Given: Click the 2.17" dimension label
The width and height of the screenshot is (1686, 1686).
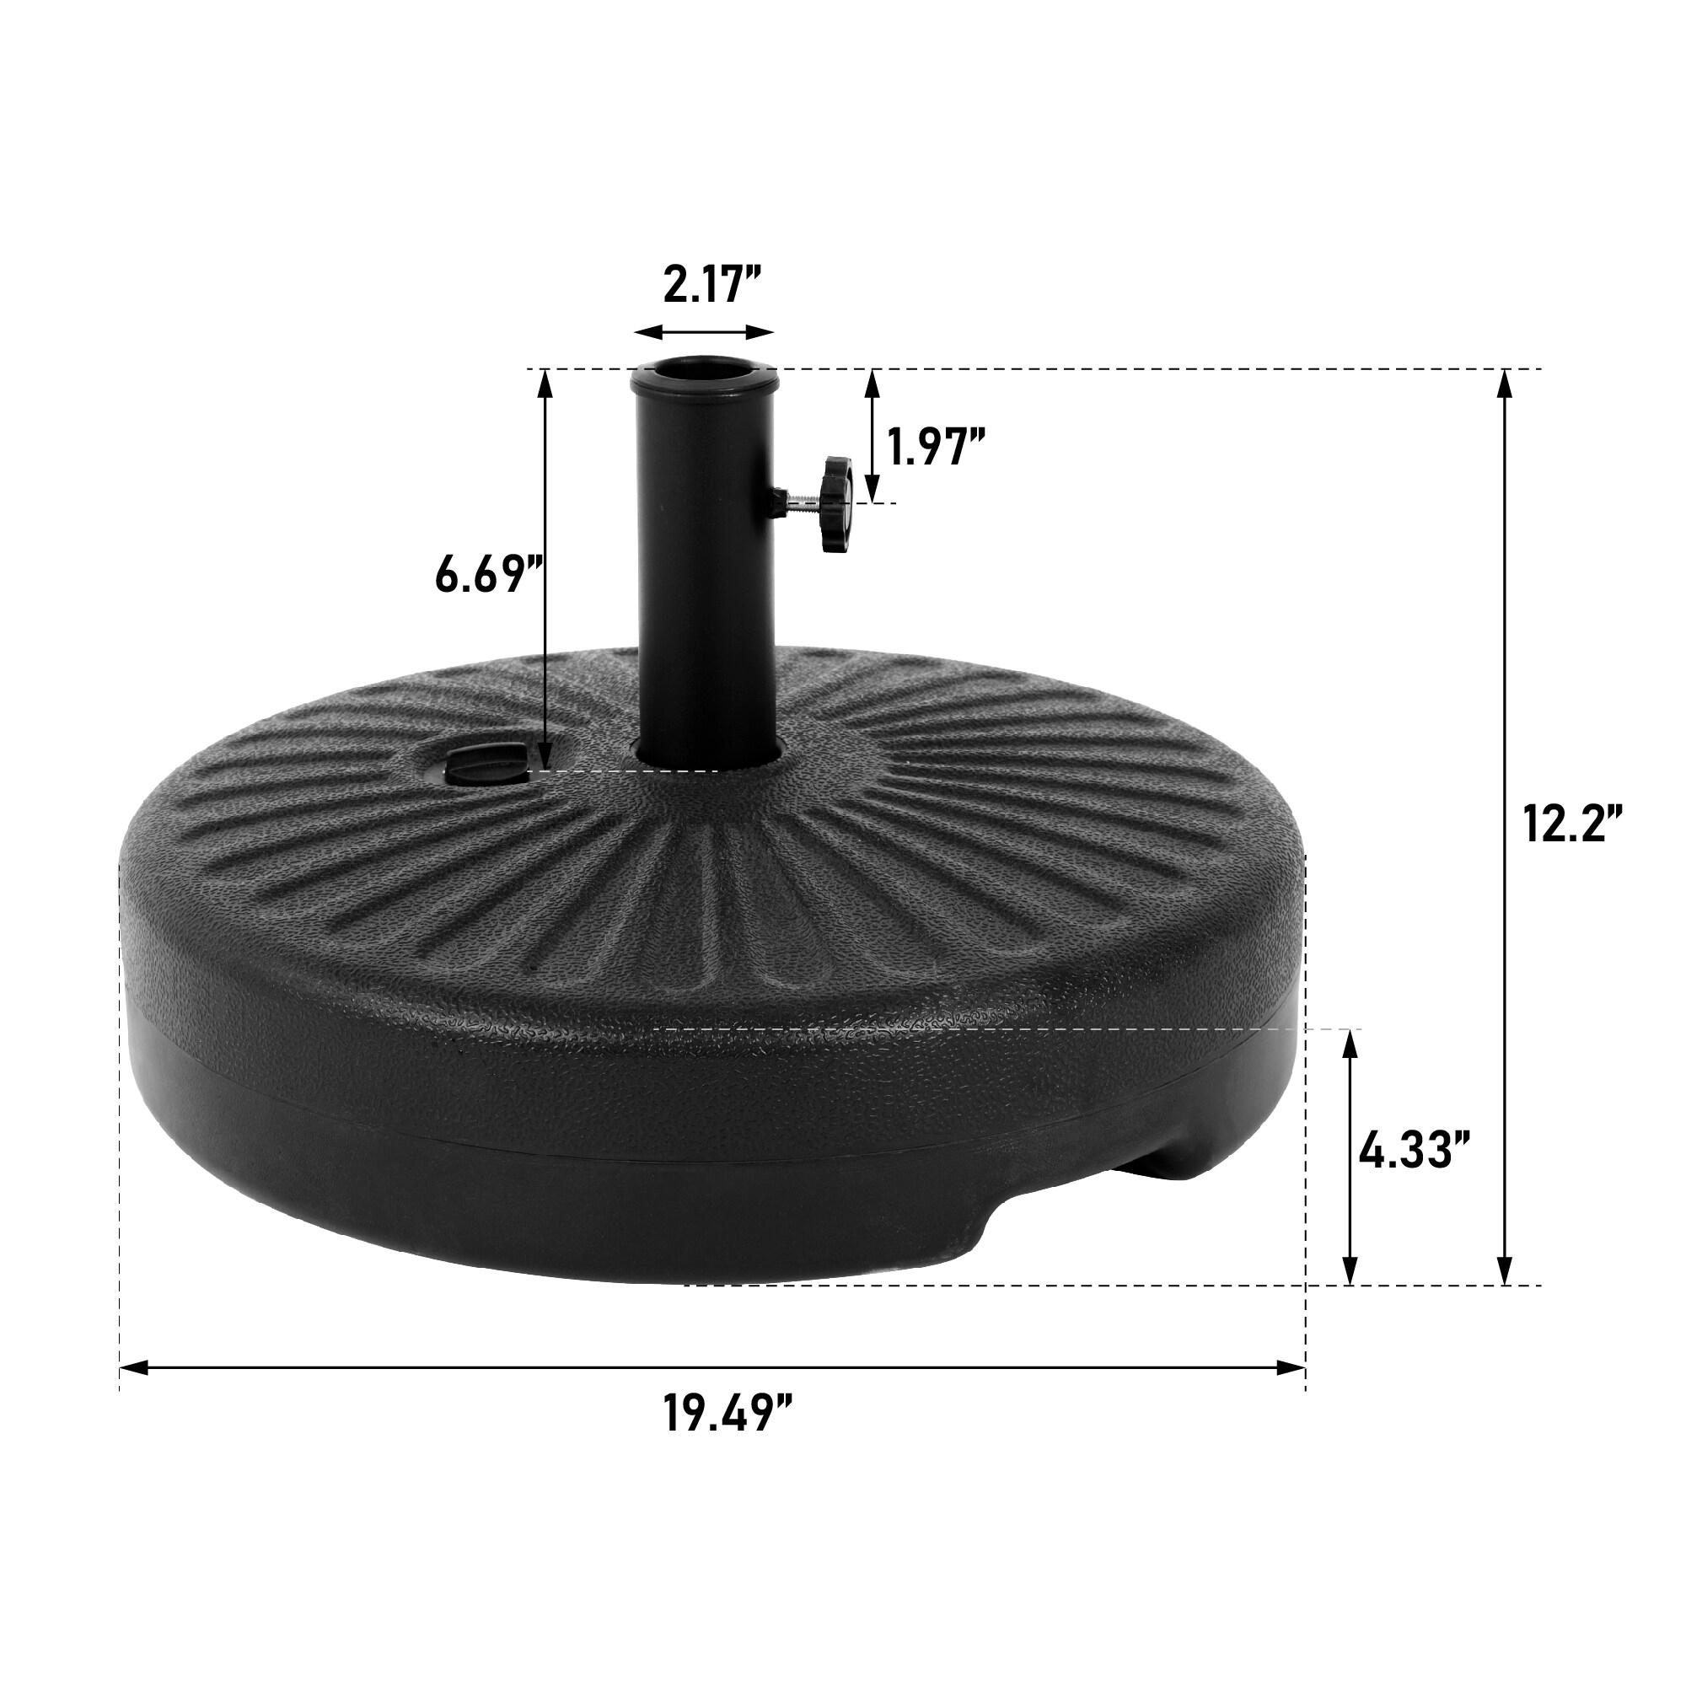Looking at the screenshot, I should click(x=713, y=286).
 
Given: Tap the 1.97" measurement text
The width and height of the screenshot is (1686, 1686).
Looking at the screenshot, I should click(x=937, y=447).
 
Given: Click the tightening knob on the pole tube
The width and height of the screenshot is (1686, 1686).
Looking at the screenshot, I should click(x=836, y=503).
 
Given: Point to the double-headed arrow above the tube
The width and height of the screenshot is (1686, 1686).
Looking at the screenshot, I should click(x=704, y=332).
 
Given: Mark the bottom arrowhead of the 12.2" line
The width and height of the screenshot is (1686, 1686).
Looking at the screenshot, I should click(x=1505, y=1271).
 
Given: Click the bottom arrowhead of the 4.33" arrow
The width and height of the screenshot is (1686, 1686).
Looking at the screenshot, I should click(x=1350, y=1271).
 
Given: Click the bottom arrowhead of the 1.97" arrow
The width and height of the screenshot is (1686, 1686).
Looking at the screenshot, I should click(x=872, y=489).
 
